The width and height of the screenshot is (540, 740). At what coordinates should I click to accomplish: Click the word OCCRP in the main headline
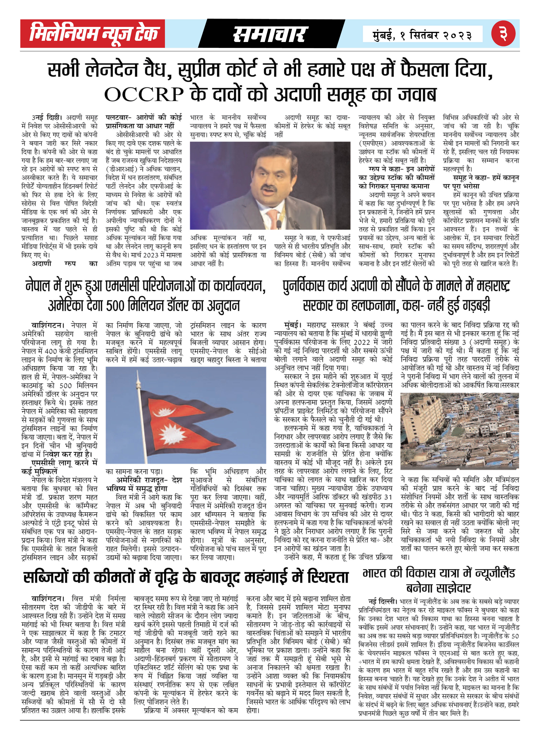[x=144, y=94]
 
